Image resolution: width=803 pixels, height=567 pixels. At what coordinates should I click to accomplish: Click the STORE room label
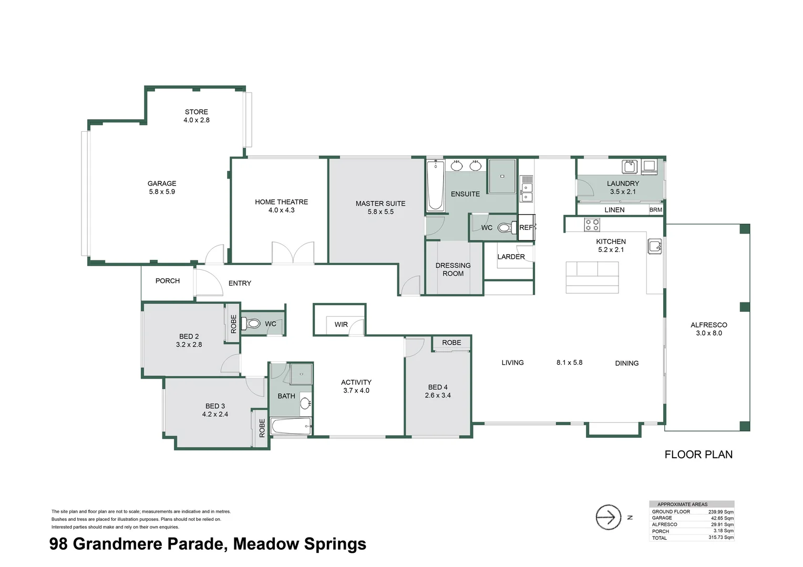click(x=197, y=112)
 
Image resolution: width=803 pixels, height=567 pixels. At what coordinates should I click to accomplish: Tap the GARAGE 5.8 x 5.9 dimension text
click(x=162, y=192)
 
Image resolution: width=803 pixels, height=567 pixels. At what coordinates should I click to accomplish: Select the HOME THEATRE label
click(x=281, y=202)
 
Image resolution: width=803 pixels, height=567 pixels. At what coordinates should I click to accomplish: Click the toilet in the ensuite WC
click(x=506, y=227)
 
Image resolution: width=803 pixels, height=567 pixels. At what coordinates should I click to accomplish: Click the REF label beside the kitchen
click(x=526, y=227)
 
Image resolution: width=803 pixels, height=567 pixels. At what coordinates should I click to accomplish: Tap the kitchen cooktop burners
click(x=592, y=225)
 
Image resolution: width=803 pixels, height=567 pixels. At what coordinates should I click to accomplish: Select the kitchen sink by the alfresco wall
click(x=655, y=246)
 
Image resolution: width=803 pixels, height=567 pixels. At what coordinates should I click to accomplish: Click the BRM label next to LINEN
click(x=656, y=210)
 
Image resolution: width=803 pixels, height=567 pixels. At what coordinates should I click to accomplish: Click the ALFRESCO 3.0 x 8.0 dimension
click(x=709, y=333)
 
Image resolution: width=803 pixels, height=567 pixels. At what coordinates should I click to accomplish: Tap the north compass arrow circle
click(x=609, y=517)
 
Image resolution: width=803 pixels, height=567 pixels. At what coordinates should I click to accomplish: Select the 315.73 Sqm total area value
click(x=721, y=537)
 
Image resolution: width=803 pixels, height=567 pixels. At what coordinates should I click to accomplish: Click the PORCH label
click(x=168, y=281)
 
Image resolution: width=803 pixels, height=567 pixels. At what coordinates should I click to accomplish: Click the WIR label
click(x=341, y=324)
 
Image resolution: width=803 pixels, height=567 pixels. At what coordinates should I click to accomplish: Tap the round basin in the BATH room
click(x=305, y=403)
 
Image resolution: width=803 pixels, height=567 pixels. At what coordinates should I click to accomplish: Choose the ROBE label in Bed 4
click(x=451, y=343)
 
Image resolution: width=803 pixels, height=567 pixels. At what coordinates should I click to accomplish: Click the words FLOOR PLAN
click(x=698, y=455)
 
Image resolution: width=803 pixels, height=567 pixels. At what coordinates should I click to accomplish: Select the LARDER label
click(x=511, y=257)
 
